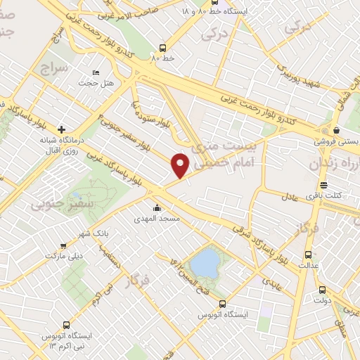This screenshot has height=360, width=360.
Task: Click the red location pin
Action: tap(181, 165)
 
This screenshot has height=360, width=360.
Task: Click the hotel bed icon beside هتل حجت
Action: tap(96, 72)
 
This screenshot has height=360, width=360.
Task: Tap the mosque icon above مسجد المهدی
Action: tap(156, 208)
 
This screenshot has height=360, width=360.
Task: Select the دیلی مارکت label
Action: tap(64, 255)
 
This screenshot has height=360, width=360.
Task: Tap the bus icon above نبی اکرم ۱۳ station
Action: tap(66, 326)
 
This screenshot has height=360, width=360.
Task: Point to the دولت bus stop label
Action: tap(321, 300)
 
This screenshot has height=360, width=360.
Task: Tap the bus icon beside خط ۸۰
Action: tap(163, 49)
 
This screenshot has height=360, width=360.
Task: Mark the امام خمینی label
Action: tap(218, 160)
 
